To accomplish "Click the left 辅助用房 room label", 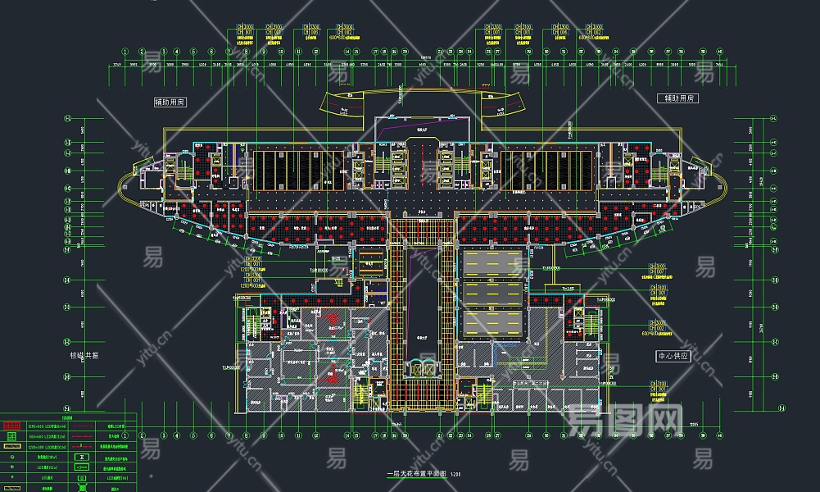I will [170, 102].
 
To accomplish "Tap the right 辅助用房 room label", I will [678, 98].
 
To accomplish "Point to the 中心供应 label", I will [674, 358].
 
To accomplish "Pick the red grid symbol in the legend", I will [11, 426].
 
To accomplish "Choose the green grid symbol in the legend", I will [11, 437].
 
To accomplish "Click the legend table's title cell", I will [67, 417].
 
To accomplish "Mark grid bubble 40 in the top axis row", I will [719, 51].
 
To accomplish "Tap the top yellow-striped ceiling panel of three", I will [493, 264].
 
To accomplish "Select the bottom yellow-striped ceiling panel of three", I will [493, 323].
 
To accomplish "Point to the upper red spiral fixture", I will [332, 318].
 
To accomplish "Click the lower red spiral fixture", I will [332, 376].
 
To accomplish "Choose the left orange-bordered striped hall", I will [298, 170].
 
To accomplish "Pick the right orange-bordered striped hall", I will [547, 170].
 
